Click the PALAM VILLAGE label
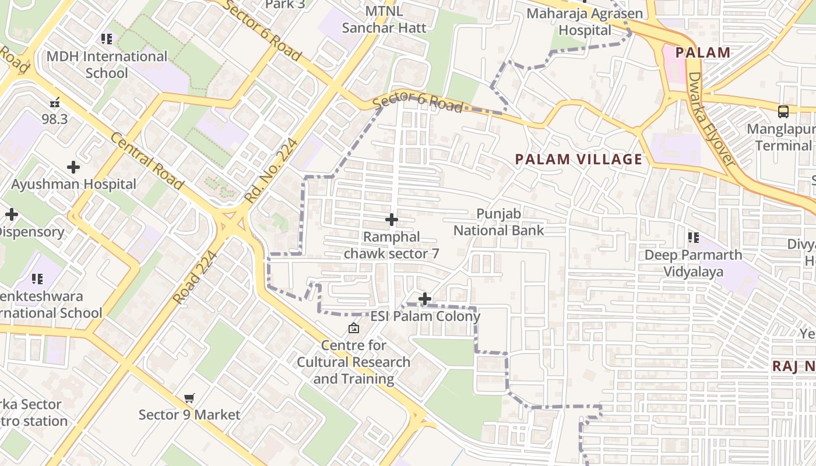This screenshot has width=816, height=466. [x=579, y=159]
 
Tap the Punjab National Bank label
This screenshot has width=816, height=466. [x=498, y=222]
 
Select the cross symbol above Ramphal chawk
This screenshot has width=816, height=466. [x=392, y=220]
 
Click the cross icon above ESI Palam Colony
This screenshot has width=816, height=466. [x=425, y=299]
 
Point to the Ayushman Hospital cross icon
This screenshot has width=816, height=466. [x=73, y=168]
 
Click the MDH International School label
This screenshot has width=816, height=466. [x=107, y=65]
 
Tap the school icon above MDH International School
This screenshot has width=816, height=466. [x=106, y=39]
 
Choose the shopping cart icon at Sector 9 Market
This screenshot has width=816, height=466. [x=189, y=398]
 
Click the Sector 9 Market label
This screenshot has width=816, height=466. [x=189, y=415]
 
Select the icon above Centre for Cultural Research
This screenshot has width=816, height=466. [x=353, y=329]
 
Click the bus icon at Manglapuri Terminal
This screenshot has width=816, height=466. [x=783, y=111]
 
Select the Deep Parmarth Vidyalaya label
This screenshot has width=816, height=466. [x=693, y=263]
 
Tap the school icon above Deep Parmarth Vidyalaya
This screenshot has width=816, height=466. [x=693, y=237]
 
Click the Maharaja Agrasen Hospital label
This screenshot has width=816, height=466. [x=585, y=22]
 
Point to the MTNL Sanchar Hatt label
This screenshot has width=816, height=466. [x=384, y=19]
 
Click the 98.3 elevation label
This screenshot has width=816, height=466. [x=55, y=119]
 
